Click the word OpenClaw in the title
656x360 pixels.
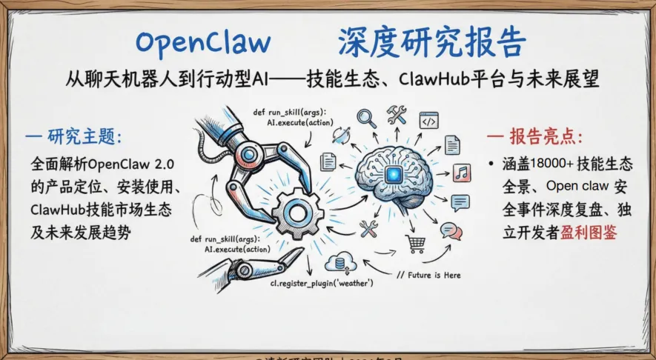pos(203,42)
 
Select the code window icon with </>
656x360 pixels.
pos(429,121)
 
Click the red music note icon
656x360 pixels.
pos(462,173)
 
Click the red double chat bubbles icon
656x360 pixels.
pos(451,231)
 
